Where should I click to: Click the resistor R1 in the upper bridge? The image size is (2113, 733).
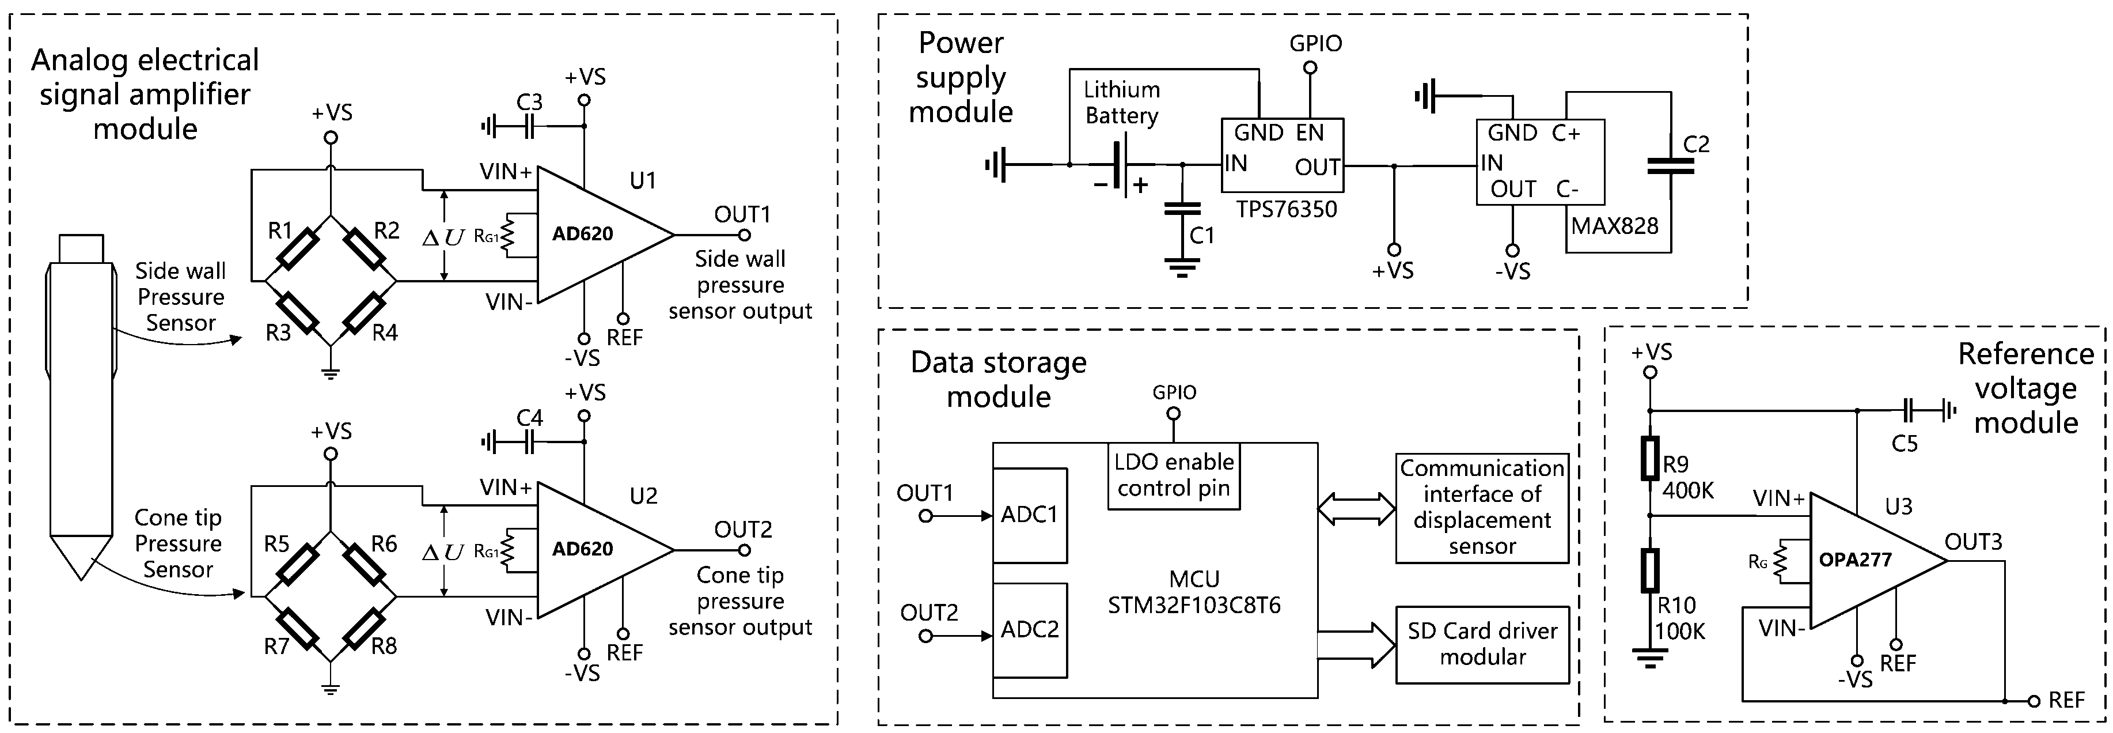[297, 250]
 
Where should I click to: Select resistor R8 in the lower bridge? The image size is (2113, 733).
[363, 630]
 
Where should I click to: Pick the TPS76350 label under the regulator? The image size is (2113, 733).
[1286, 209]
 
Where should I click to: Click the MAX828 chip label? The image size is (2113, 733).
[1614, 226]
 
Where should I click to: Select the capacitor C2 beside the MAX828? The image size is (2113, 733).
[1670, 167]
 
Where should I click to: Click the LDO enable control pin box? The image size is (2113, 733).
[1173, 475]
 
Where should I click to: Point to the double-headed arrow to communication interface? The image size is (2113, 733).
[1356, 508]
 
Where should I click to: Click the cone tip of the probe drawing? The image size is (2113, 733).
[81, 558]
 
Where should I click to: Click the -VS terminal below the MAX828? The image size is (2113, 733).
[1512, 250]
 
